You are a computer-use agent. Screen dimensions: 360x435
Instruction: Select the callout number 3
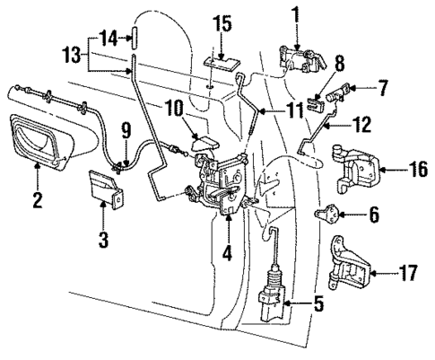(x=104, y=240)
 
